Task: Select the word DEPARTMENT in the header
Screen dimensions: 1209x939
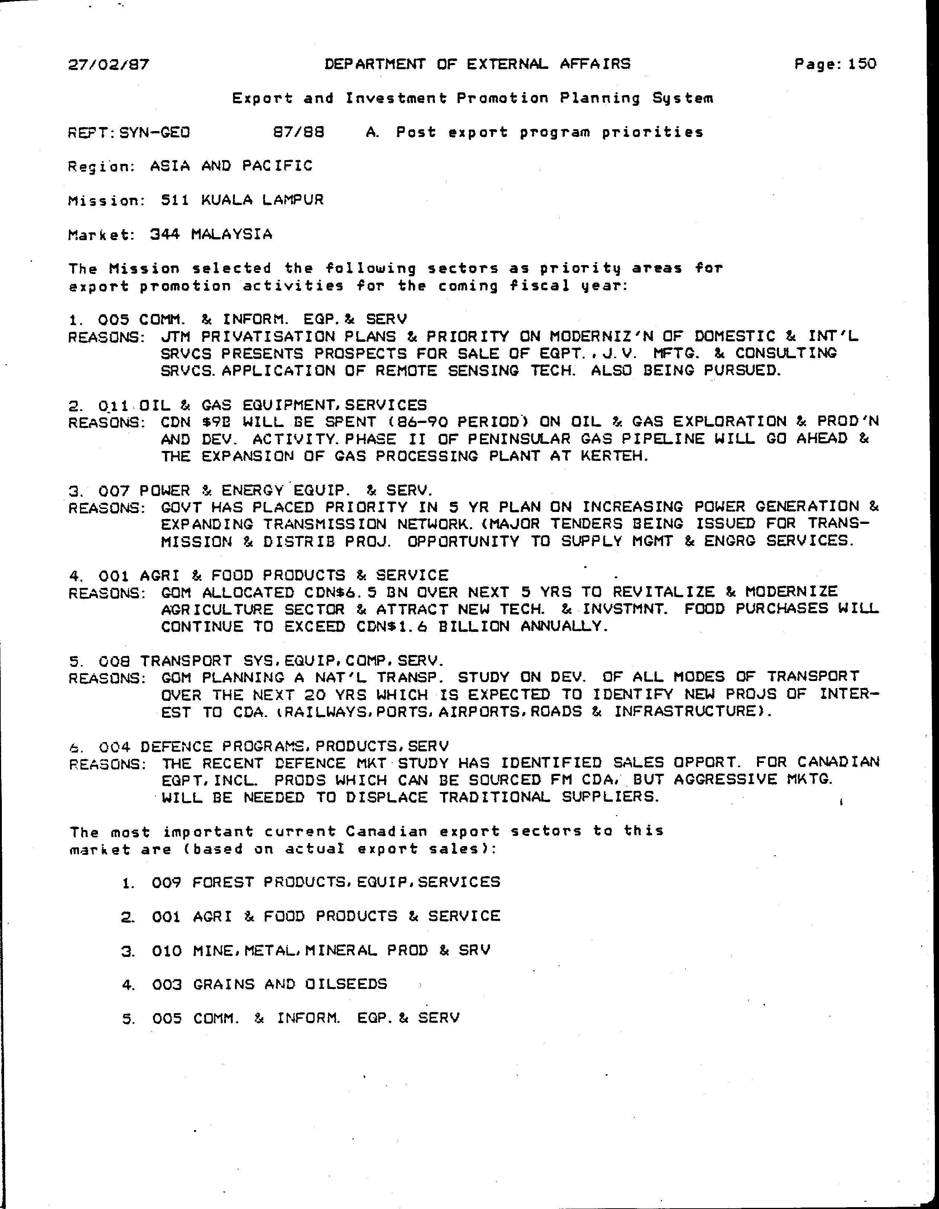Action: (375, 64)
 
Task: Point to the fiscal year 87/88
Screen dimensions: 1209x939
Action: (299, 132)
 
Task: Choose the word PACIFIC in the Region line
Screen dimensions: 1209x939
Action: (277, 166)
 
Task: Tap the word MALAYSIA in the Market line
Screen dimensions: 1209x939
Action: (232, 234)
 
